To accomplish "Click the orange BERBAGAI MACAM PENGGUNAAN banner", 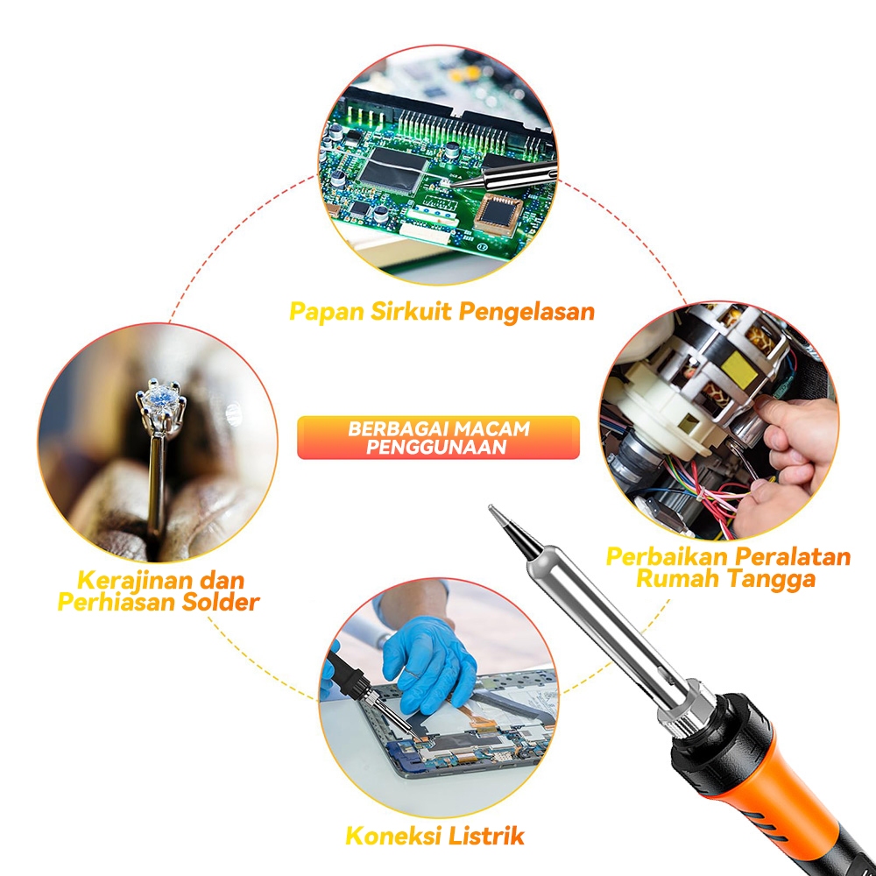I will point(438,437).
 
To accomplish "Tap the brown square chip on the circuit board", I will point(498,213).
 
